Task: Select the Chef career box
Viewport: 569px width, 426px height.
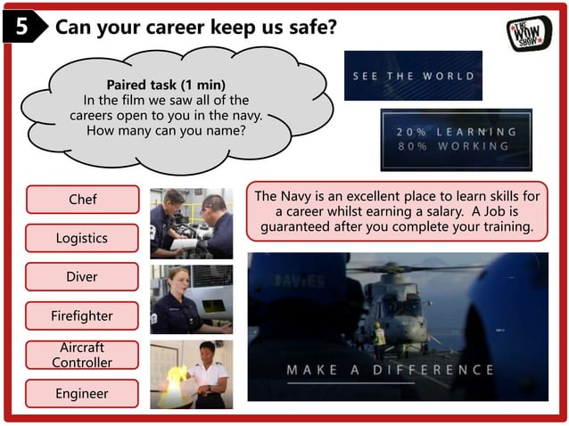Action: [82, 200]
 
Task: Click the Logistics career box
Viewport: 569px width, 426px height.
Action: [82, 238]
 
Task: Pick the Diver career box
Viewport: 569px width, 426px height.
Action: [82, 277]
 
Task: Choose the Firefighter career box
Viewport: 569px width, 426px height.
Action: [82, 315]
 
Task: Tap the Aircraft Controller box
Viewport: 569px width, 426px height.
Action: [82, 355]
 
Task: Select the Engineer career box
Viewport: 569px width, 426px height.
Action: [82, 393]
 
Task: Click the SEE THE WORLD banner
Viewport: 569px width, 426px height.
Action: [413, 76]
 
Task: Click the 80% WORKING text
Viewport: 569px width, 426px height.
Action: [454, 146]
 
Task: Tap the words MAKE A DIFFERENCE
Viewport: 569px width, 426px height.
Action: [390, 370]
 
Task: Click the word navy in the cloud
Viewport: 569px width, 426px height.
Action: [245, 115]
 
